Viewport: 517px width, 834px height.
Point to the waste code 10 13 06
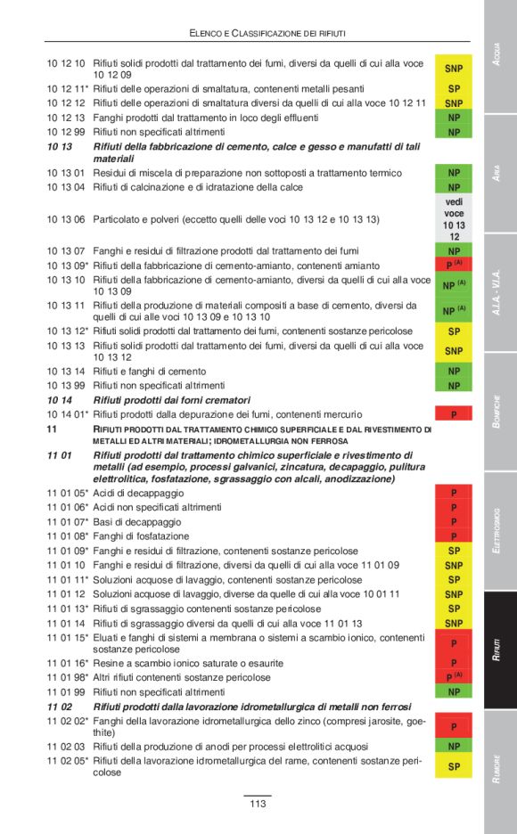[66, 219]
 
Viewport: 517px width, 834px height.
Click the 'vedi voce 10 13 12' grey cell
[454, 219]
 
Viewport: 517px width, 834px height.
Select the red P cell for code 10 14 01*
[454, 414]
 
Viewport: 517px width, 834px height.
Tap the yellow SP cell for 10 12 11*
[454, 90]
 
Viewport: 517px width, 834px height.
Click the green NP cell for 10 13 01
[454, 173]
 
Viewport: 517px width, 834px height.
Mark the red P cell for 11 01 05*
[454, 493]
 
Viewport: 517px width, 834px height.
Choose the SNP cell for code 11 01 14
[454, 623]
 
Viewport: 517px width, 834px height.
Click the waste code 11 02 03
[66, 746]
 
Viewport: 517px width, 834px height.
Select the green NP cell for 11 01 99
[454, 691]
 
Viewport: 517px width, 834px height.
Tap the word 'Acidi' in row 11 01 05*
[107, 493]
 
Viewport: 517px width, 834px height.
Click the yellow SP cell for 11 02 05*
[454, 766]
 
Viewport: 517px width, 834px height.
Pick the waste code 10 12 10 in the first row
[66, 63]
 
